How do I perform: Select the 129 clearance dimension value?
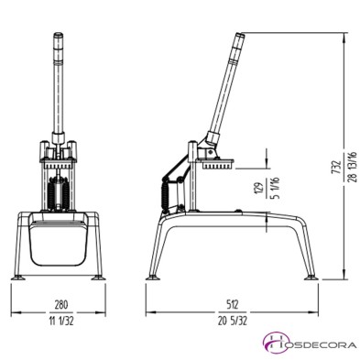(x=258, y=191)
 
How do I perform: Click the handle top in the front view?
(x=57, y=38)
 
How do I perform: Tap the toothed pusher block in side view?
(x=221, y=166)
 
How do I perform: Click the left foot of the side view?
(x=153, y=273)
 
